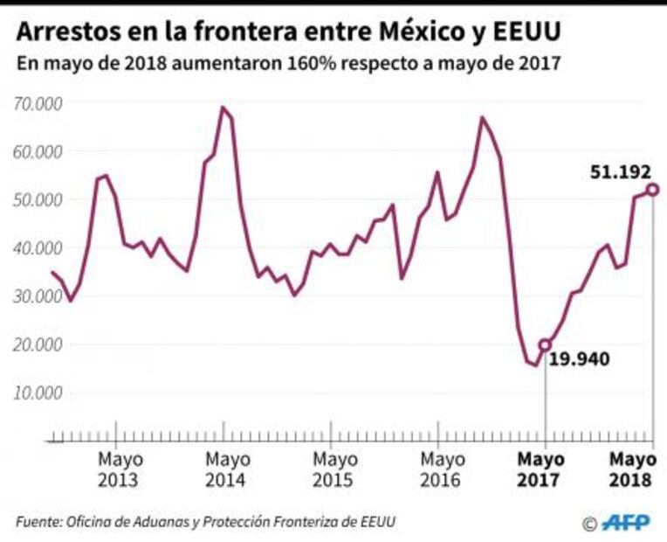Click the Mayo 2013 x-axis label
pos(120,469)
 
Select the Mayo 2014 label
pos(228,469)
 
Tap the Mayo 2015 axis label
pos(334,469)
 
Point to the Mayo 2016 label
pos(441,469)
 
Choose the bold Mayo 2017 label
pos(541,469)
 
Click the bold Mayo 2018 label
pos(633,469)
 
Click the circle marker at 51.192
pos(652,190)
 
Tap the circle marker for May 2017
pos(546,345)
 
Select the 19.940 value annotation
pos(579,358)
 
